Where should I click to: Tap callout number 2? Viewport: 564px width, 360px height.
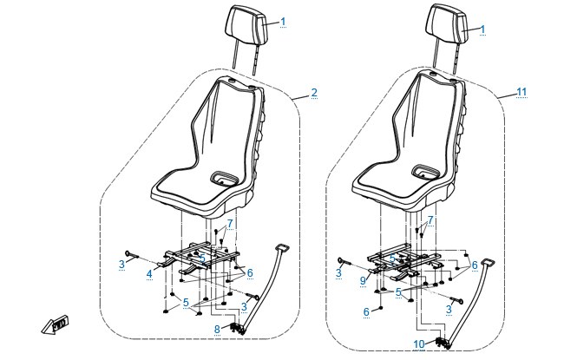(x=314, y=93)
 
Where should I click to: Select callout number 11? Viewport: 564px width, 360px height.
(x=521, y=92)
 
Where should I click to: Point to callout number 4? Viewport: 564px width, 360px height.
(x=149, y=274)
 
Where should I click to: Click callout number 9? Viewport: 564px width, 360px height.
(x=363, y=280)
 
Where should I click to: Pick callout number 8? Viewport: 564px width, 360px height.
(x=217, y=329)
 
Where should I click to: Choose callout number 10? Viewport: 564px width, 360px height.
(x=419, y=344)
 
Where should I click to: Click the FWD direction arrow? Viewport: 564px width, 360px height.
(x=56, y=325)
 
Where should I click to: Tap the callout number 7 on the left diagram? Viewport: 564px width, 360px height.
(x=230, y=224)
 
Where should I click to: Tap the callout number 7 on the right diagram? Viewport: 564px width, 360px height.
(x=430, y=219)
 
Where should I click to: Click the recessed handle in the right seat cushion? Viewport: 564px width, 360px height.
(x=427, y=172)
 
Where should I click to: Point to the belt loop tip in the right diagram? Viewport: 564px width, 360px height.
(x=487, y=262)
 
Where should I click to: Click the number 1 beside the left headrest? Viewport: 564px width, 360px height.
(x=283, y=22)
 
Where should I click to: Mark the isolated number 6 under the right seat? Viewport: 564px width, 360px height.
(x=366, y=311)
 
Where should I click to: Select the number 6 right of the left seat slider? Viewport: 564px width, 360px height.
(x=250, y=273)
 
